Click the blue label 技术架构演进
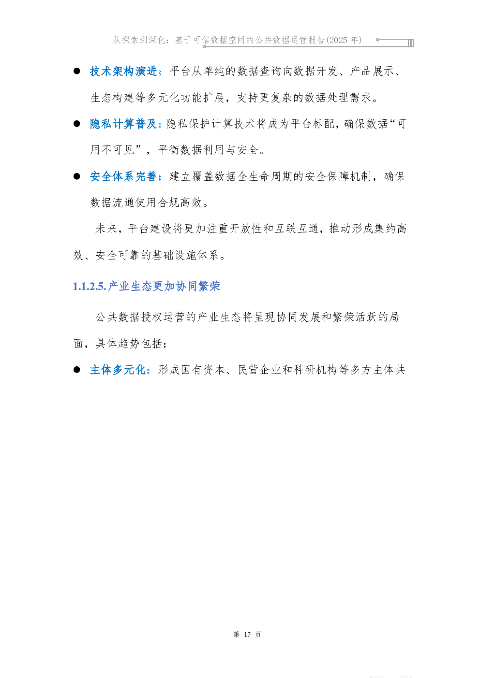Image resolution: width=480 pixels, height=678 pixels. [x=124, y=72]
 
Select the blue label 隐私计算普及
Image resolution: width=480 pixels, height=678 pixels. [x=124, y=124]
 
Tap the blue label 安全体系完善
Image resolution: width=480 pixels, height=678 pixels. [x=124, y=176]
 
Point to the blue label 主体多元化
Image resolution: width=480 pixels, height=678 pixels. [x=118, y=370]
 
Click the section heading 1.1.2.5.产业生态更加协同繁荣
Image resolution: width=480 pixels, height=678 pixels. [x=147, y=287]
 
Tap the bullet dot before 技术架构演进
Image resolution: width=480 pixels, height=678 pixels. [x=77, y=71]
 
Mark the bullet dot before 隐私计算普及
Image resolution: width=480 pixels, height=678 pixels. [x=77, y=124]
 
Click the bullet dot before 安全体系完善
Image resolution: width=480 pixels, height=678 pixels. [x=77, y=176]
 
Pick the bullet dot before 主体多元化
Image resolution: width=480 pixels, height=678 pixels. [x=77, y=370]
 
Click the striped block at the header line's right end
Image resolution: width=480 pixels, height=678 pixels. [x=411, y=43]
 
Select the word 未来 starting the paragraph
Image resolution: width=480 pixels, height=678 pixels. [x=106, y=229]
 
